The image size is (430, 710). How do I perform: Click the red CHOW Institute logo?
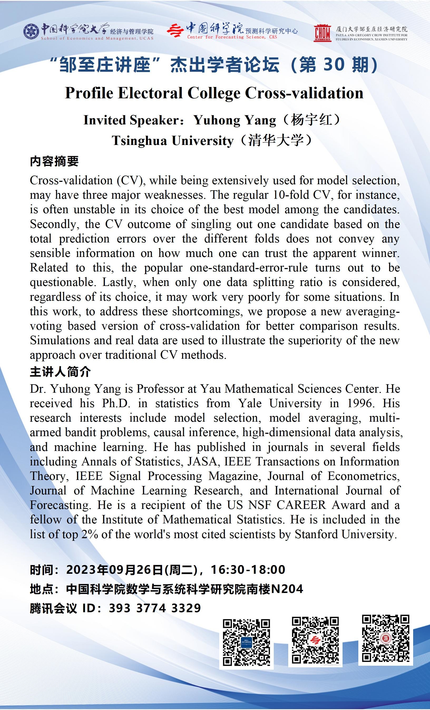(x=322, y=33)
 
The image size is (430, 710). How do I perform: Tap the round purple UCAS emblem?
(x=31, y=31)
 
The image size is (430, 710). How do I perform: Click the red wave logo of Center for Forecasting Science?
(x=175, y=31)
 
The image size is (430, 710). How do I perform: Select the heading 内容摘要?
(x=54, y=161)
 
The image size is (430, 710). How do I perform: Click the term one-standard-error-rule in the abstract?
(x=248, y=268)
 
